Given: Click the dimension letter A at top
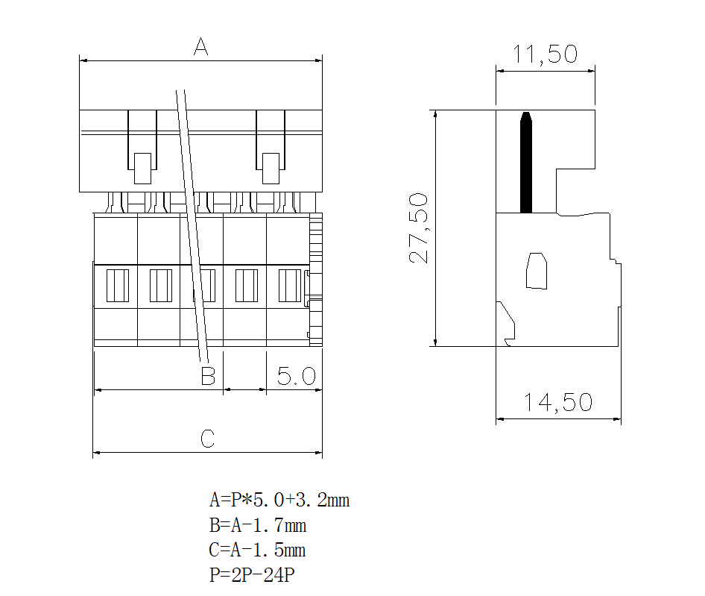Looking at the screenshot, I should click(200, 47).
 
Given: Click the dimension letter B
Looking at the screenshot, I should click(208, 375).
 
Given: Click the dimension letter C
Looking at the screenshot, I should click(208, 439).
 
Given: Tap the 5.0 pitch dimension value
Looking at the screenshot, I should click(296, 376).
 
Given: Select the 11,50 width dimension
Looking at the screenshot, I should click(545, 54).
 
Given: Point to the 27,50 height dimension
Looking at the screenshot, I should click(419, 228).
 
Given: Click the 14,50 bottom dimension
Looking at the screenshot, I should click(557, 403).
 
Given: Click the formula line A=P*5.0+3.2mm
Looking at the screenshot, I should click(279, 500).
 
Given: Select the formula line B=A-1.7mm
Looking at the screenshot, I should click(258, 525).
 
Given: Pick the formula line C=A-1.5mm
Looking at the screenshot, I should click(258, 550).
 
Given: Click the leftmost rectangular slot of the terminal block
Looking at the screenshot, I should click(118, 286).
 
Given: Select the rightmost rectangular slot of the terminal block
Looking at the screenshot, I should click(288, 286).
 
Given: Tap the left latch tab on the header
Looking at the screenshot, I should click(142, 168).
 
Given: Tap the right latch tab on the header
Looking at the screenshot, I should click(271, 168).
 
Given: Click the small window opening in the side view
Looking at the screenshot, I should click(537, 271).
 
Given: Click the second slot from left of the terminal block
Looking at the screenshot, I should click(160, 286).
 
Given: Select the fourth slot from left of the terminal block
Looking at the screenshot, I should click(246, 286).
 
